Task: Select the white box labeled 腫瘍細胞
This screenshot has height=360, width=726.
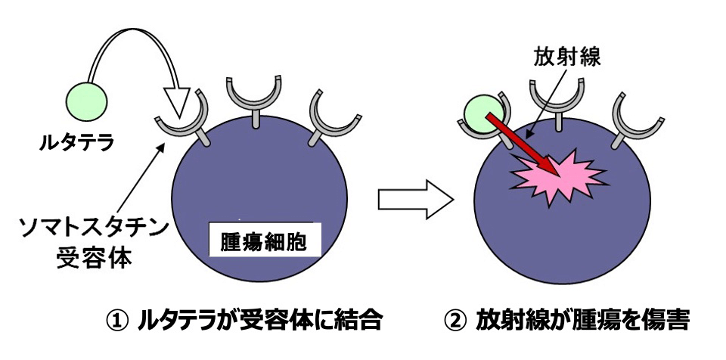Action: coord(259,242)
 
